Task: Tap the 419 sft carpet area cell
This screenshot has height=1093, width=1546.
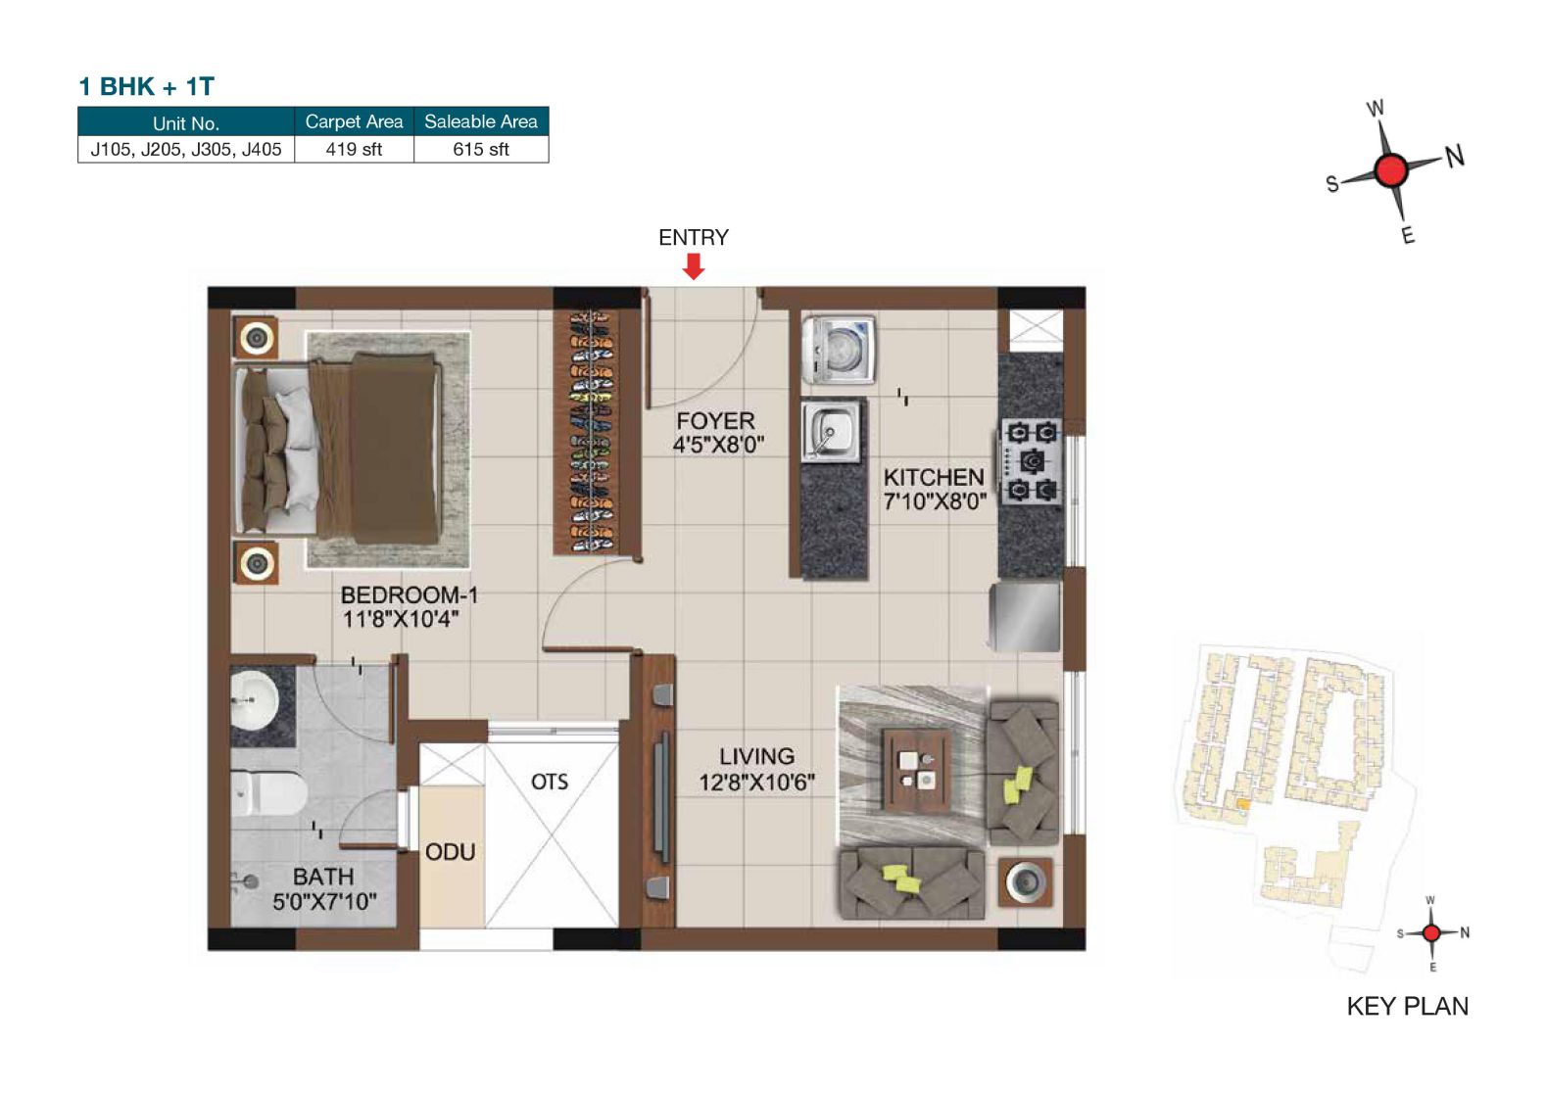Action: [x=354, y=149]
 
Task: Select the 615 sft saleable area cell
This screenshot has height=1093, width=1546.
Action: [x=480, y=149]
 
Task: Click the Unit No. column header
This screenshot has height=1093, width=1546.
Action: [x=185, y=122]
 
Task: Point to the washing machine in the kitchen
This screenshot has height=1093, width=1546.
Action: [x=838, y=349]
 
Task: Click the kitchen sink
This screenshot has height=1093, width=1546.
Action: [x=831, y=431]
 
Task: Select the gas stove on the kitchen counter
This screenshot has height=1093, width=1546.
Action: [x=1031, y=460]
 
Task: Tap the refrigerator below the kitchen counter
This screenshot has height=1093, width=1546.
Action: [x=1025, y=617]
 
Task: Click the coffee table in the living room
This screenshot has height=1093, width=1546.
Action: [x=916, y=769]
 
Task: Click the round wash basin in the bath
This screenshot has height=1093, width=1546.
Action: [x=254, y=701]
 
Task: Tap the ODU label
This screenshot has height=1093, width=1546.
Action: [x=450, y=852]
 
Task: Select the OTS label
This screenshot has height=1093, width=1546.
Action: [x=550, y=782]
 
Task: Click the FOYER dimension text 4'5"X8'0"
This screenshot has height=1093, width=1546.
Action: [x=718, y=445]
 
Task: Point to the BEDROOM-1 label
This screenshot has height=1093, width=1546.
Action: [x=409, y=594]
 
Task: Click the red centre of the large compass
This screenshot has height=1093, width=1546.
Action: [x=1390, y=170]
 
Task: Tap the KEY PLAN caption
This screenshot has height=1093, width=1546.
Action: [x=1407, y=1006]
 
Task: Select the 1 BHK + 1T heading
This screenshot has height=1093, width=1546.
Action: [x=146, y=86]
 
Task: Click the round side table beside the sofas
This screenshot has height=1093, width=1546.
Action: [x=1025, y=882]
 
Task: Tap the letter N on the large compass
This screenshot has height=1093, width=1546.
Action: [x=1454, y=156]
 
